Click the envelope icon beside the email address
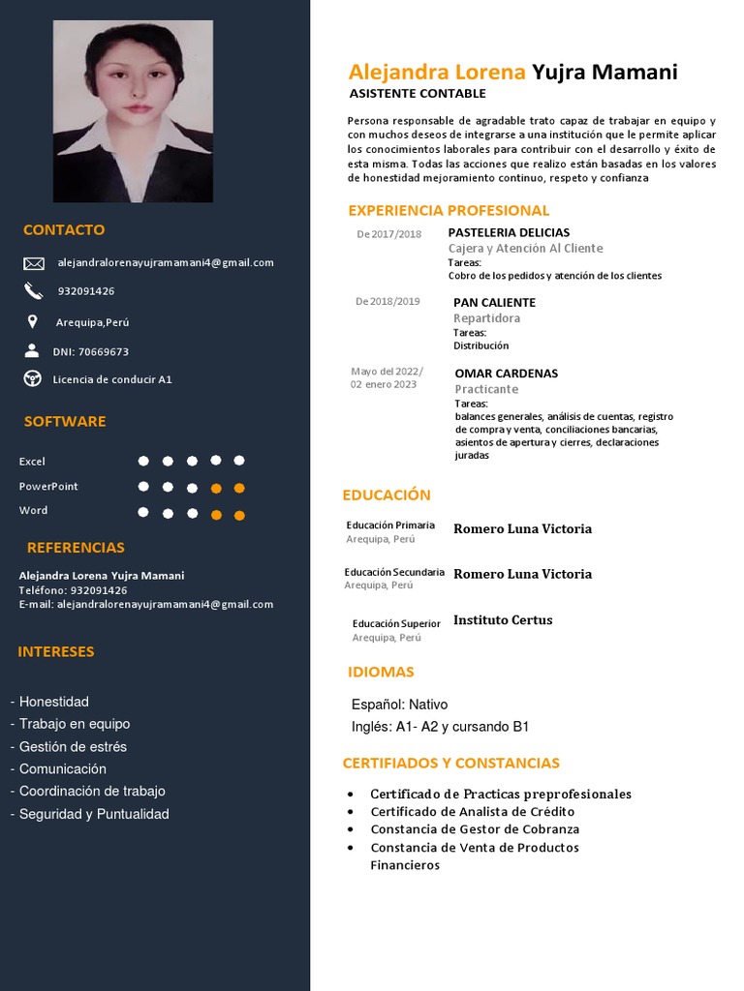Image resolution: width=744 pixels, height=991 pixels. click(34, 263)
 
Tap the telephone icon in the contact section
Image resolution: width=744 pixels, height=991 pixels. click(34, 290)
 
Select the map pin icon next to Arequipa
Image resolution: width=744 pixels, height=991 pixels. click(33, 321)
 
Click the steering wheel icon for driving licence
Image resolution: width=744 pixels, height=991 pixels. click(33, 378)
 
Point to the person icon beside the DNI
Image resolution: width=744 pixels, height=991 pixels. click(33, 350)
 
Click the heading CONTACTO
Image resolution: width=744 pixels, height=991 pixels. click(64, 230)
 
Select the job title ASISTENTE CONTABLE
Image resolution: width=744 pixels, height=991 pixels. click(418, 94)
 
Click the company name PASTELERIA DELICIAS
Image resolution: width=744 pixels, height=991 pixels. click(509, 232)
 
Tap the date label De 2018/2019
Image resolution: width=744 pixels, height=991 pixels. click(387, 301)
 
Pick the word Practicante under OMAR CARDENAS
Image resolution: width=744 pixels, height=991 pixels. click(486, 389)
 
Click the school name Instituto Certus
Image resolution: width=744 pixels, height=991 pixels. click(503, 620)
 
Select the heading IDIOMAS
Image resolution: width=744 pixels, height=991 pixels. click(381, 672)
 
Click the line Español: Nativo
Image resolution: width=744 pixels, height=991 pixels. click(399, 705)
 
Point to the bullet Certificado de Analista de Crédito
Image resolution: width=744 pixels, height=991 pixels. click(472, 812)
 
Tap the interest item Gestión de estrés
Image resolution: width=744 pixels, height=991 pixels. click(73, 746)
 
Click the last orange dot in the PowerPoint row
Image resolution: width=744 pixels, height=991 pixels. click(239, 488)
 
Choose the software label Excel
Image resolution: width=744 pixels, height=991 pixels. click(32, 462)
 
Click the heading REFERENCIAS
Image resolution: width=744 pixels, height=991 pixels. click(76, 548)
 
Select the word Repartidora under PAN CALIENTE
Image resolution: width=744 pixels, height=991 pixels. click(486, 318)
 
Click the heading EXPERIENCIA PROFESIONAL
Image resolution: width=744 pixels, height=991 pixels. click(449, 210)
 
